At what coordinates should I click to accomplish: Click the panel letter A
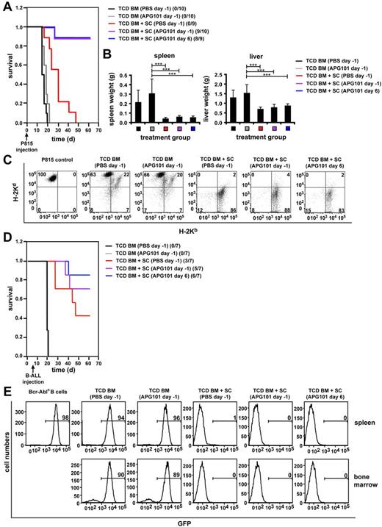click(x=6, y=6)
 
